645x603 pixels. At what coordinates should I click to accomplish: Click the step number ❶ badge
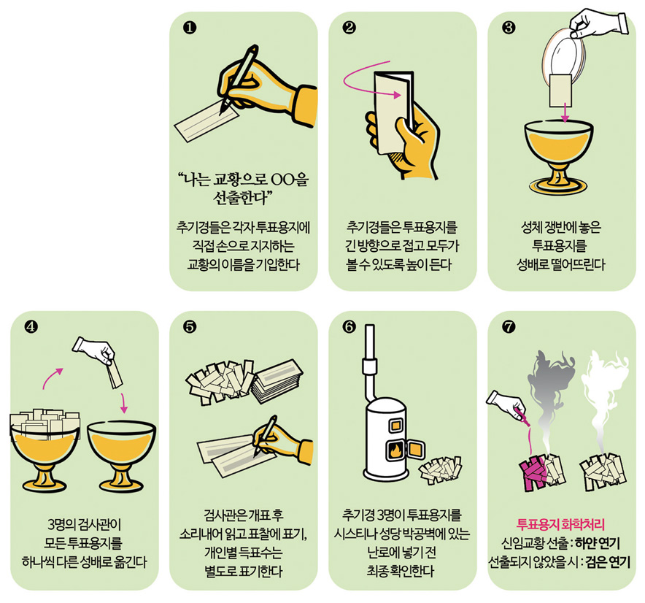click(x=190, y=28)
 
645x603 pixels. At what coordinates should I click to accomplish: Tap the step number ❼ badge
click(x=509, y=327)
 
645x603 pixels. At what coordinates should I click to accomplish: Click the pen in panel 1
click(x=238, y=80)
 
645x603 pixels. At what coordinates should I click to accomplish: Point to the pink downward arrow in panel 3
click(x=565, y=112)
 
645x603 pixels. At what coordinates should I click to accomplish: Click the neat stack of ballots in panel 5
click(x=277, y=381)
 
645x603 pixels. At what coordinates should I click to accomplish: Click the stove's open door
click(x=416, y=448)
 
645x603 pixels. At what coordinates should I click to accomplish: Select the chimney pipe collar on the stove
click(x=369, y=366)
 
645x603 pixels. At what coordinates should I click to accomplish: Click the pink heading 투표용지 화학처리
click(x=560, y=524)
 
